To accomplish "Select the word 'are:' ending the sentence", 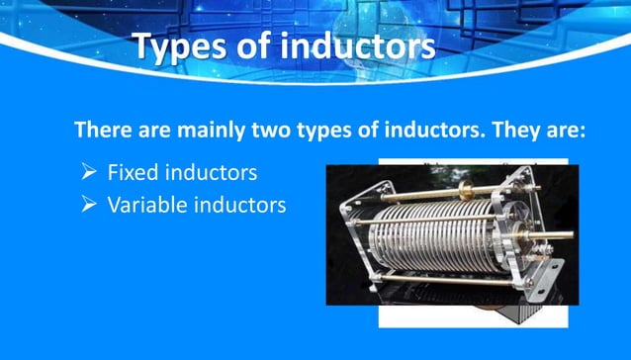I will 567,131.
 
